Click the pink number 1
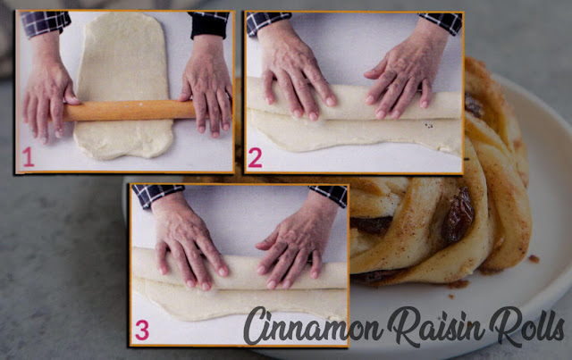28,157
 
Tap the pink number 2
255,158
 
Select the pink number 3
142,330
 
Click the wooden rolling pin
130,111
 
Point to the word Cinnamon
313,325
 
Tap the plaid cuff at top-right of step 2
441,21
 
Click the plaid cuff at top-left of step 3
158,195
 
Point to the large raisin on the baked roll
458,215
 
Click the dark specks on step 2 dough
429,126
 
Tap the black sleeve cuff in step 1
208,25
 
